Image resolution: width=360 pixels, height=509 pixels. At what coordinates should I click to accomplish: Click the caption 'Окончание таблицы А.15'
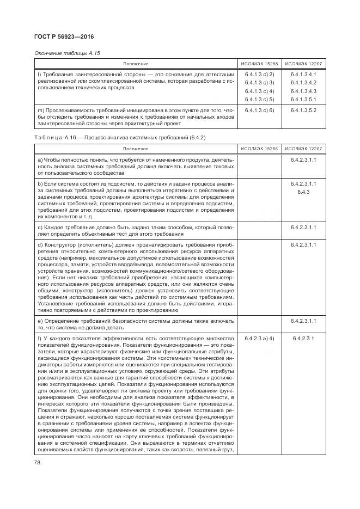(x=68, y=53)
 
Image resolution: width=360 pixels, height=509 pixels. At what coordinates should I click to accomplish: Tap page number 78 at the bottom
(x=38, y=463)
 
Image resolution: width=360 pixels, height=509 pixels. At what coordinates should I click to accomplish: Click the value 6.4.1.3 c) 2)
(x=259, y=74)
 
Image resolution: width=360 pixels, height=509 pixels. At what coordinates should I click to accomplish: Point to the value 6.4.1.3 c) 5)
(x=259, y=99)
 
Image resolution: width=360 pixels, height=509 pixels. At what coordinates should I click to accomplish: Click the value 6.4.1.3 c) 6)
(x=259, y=110)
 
